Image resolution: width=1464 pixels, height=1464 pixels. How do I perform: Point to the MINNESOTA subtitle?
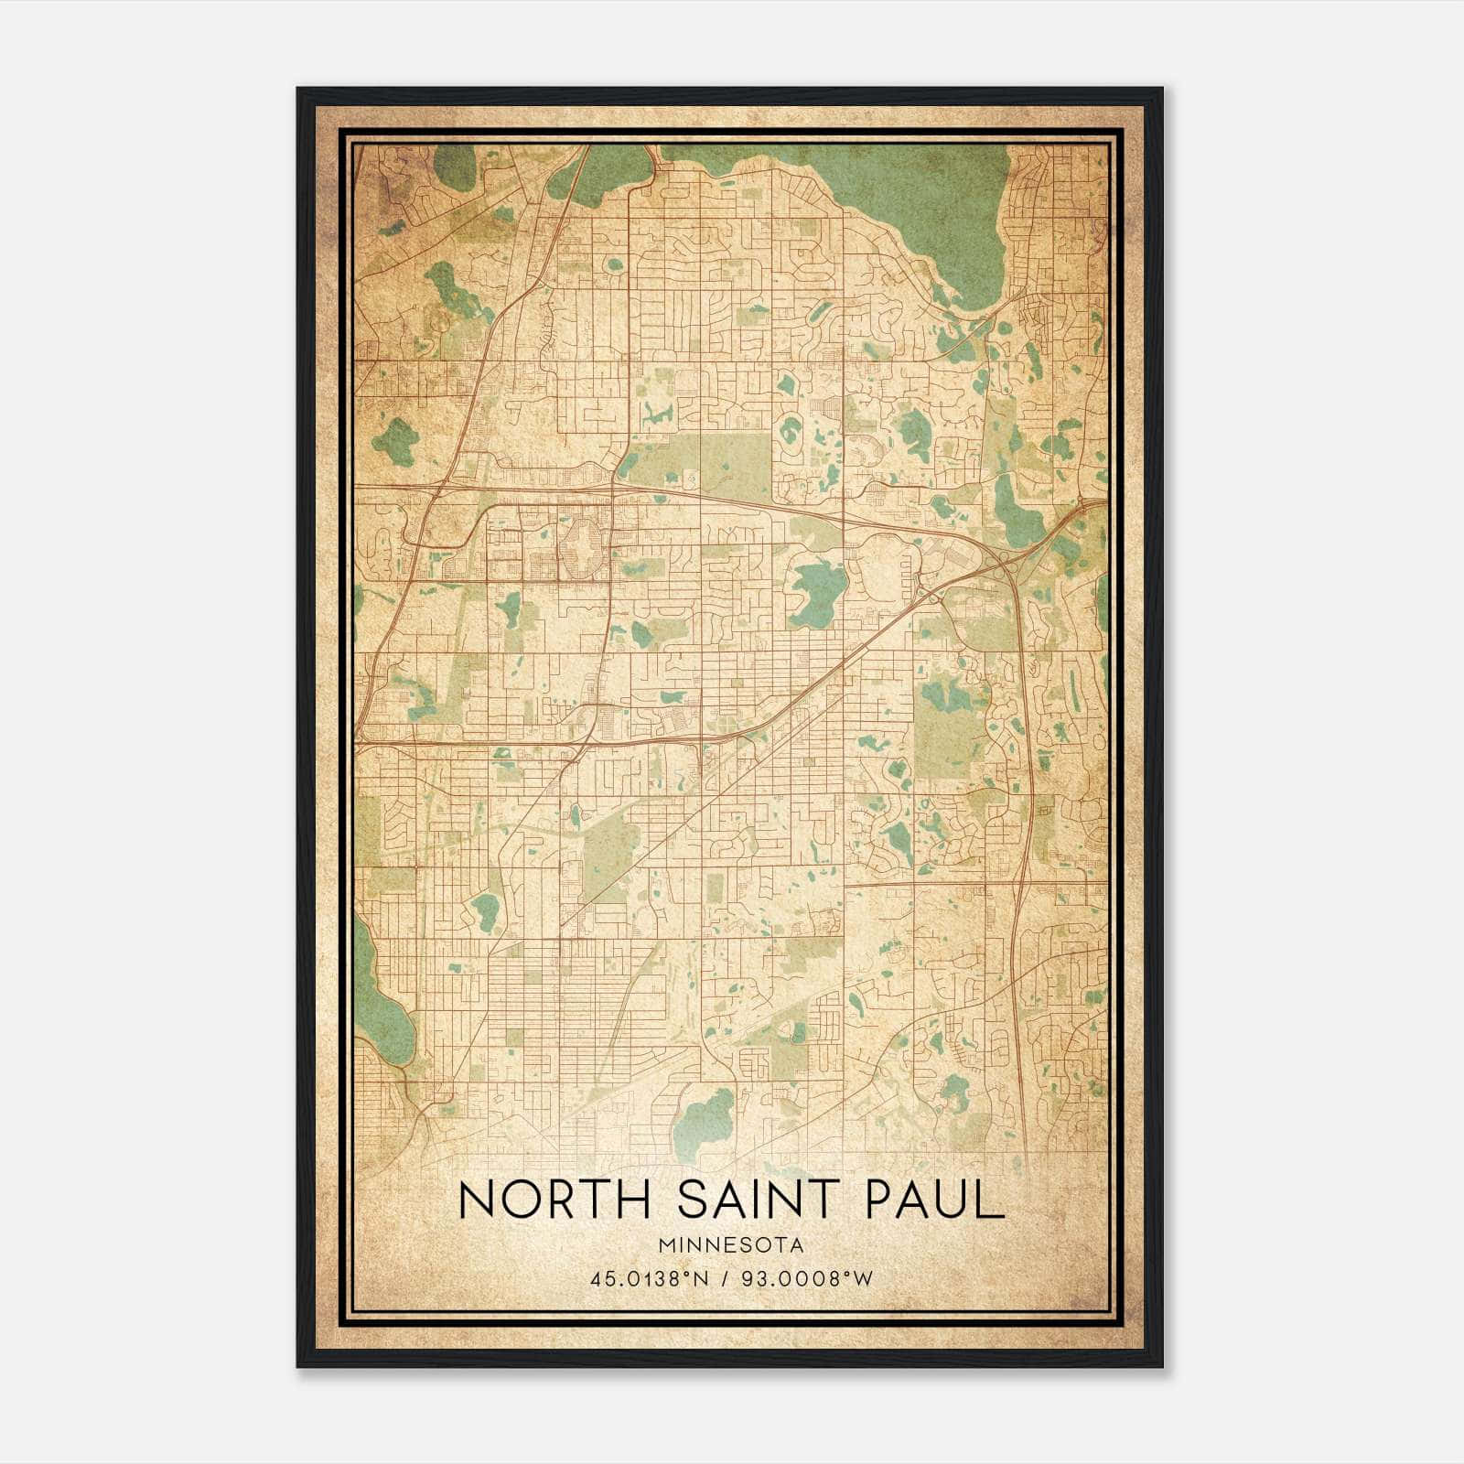731,1244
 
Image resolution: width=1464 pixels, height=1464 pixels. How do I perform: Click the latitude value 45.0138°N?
650,1278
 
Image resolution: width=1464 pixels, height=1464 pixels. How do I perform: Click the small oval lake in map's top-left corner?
455,167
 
